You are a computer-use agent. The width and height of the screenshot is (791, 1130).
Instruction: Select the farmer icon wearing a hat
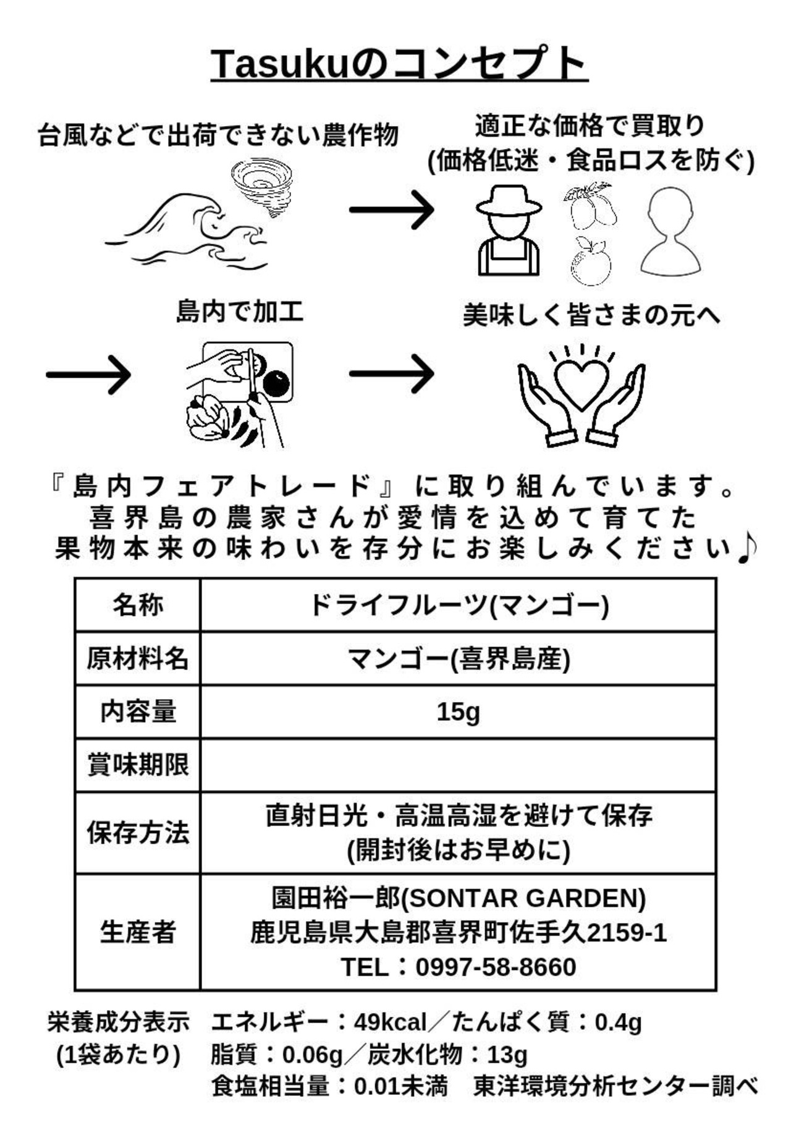click(x=509, y=230)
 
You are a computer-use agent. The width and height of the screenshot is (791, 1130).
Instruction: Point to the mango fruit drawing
click(x=590, y=205)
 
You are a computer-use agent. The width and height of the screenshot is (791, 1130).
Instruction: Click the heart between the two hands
click(x=582, y=383)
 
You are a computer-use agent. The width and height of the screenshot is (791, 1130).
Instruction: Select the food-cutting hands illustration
click(x=240, y=394)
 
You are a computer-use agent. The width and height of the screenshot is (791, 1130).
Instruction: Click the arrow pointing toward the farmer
click(x=391, y=210)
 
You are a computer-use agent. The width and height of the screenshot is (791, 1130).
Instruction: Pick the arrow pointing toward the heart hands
click(x=391, y=373)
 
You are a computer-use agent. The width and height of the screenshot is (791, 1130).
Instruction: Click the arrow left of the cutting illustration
click(x=88, y=374)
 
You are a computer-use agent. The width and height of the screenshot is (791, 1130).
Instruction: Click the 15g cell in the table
click(x=458, y=712)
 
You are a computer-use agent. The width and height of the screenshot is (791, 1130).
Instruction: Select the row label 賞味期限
click(x=138, y=765)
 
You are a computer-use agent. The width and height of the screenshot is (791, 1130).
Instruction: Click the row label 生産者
click(x=138, y=932)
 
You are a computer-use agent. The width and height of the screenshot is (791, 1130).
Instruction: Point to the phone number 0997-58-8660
click(x=496, y=967)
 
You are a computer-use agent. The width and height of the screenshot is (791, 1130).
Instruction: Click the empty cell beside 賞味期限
click(x=458, y=765)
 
